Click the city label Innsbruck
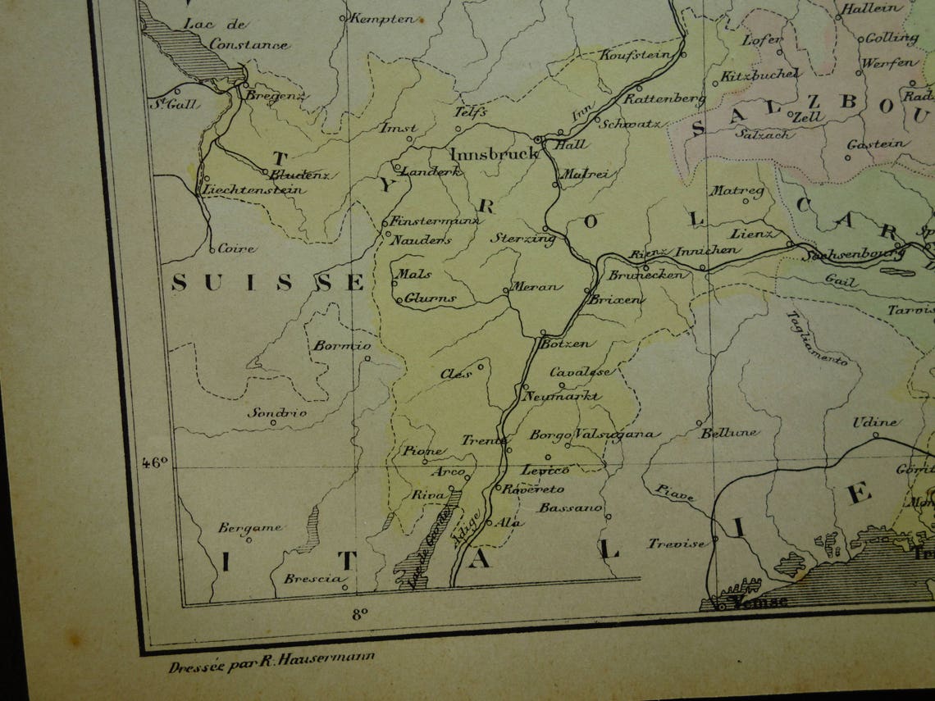pos(494,154)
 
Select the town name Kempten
pos(383,19)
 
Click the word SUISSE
pos(267,284)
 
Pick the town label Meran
pos(537,287)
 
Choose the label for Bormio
pos(341,346)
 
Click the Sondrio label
pos(277,412)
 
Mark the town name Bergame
pos(249,528)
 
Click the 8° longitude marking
pos(358,612)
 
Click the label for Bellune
pos(729,432)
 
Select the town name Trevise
pos(677,543)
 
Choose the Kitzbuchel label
pos(760,75)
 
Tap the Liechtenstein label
pos(253,190)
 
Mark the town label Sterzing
pos(522,238)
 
